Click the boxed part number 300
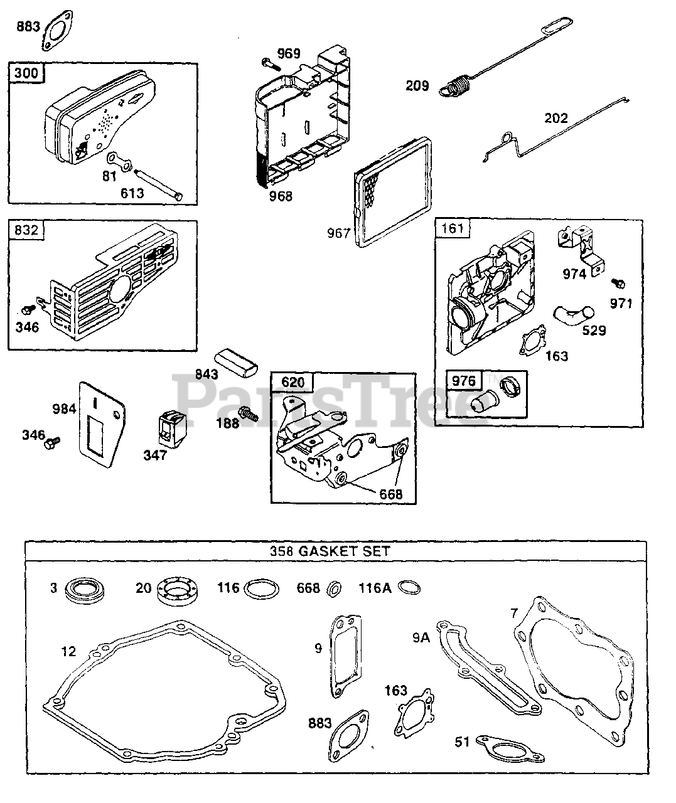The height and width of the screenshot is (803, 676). tap(26, 73)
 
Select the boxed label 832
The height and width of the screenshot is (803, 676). tap(26, 230)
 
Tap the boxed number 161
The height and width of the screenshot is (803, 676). tap(452, 228)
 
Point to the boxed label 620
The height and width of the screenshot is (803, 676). tap(292, 382)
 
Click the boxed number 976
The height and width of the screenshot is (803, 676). tap(463, 380)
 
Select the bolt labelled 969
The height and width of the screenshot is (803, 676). tap(267, 63)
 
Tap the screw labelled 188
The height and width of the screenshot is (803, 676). tap(251, 415)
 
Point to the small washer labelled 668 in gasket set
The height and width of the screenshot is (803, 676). tap(335, 588)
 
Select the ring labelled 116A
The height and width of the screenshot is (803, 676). tap(409, 588)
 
